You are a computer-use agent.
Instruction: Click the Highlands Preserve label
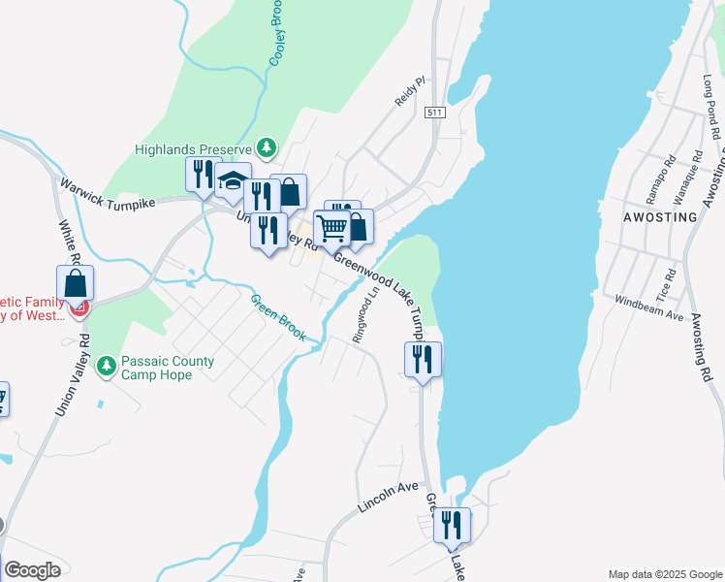click(193, 149)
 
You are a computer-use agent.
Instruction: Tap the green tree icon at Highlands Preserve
click(267, 148)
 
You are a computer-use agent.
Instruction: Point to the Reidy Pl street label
click(409, 93)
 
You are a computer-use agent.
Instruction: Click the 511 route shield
click(434, 113)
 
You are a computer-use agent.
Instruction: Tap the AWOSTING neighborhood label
click(662, 217)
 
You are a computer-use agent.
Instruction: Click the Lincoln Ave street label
click(387, 497)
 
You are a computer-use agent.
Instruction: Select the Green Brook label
click(279, 317)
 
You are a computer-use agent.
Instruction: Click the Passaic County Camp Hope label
click(168, 368)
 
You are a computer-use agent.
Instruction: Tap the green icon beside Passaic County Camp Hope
click(106, 367)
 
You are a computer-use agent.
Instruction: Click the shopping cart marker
click(332, 228)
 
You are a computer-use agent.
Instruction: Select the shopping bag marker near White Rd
click(76, 283)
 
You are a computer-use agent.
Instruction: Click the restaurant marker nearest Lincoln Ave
click(452, 525)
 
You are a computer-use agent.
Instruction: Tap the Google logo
click(31, 570)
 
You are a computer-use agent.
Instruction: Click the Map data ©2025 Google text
click(665, 573)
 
